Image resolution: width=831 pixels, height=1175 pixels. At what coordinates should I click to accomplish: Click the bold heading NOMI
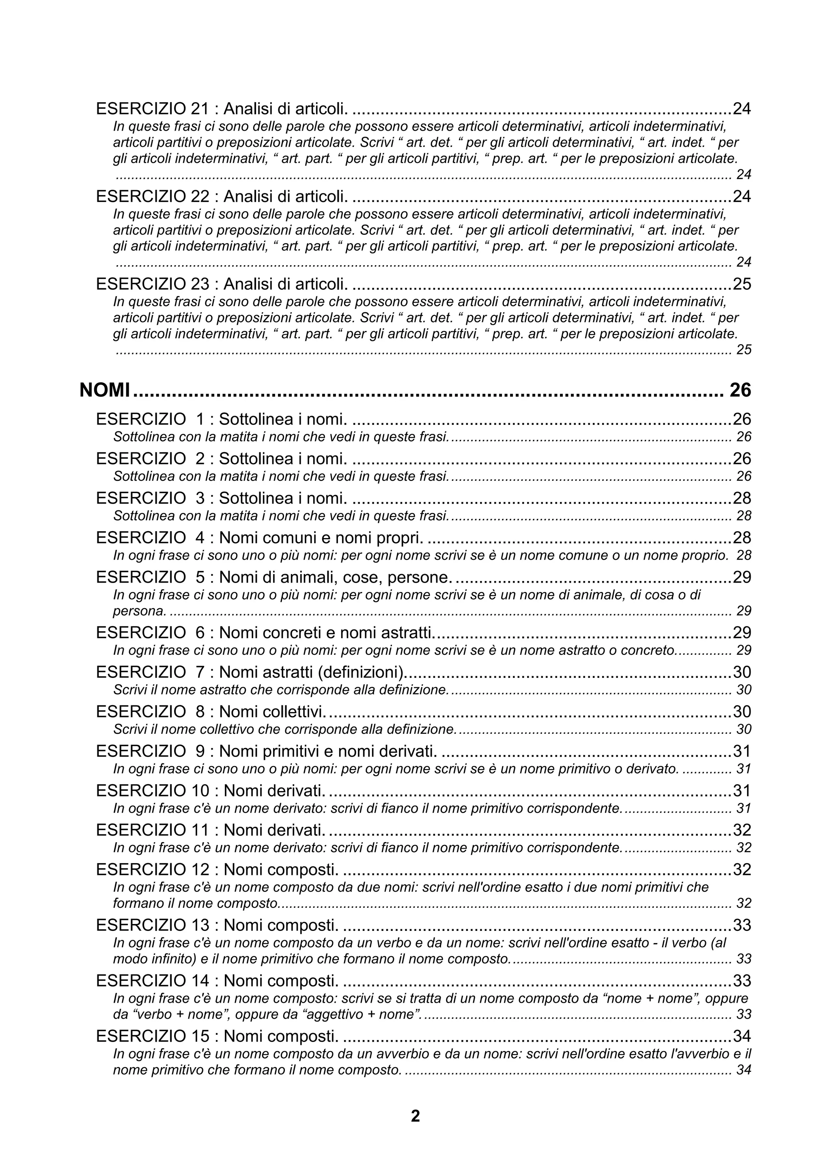[x=104, y=390]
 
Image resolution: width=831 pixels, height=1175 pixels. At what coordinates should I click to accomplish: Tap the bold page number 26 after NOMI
[x=740, y=390]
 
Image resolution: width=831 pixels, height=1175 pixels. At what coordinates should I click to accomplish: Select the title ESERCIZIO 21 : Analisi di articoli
[x=222, y=109]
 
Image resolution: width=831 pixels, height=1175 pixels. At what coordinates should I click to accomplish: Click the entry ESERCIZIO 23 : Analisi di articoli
[x=222, y=284]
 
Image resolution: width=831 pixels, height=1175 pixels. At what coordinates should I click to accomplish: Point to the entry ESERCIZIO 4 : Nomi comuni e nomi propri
[x=260, y=538]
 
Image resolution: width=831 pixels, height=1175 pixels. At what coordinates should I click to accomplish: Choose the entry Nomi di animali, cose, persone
[x=336, y=577]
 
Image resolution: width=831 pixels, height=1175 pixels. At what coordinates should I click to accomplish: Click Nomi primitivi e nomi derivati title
[x=328, y=751]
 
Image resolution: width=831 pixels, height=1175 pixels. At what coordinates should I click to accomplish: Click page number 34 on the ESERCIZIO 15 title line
[x=742, y=1036]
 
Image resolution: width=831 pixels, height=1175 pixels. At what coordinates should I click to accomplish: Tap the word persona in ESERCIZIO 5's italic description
[x=139, y=611]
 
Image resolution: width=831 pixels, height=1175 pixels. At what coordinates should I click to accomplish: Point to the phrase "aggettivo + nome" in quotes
[x=362, y=1014]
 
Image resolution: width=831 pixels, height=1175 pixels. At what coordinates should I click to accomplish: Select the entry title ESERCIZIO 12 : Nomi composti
[x=217, y=869]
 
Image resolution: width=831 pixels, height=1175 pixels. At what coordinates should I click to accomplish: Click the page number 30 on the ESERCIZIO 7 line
[x=742, y=673]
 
